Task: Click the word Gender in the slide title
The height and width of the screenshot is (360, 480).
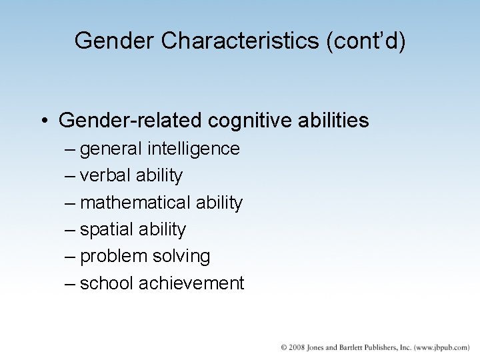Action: [115, 41]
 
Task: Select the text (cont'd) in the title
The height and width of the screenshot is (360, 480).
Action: [365, 41]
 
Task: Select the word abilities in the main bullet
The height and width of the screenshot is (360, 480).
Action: [333, 121]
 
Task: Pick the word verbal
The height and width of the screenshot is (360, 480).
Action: [105, 175]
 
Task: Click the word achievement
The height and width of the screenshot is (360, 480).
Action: [191, 283]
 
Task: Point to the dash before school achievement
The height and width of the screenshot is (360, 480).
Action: [71, 283]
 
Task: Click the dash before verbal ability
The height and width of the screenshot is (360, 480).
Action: [71, 176]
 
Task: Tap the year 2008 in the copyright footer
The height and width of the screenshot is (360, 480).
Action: [297, 347]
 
